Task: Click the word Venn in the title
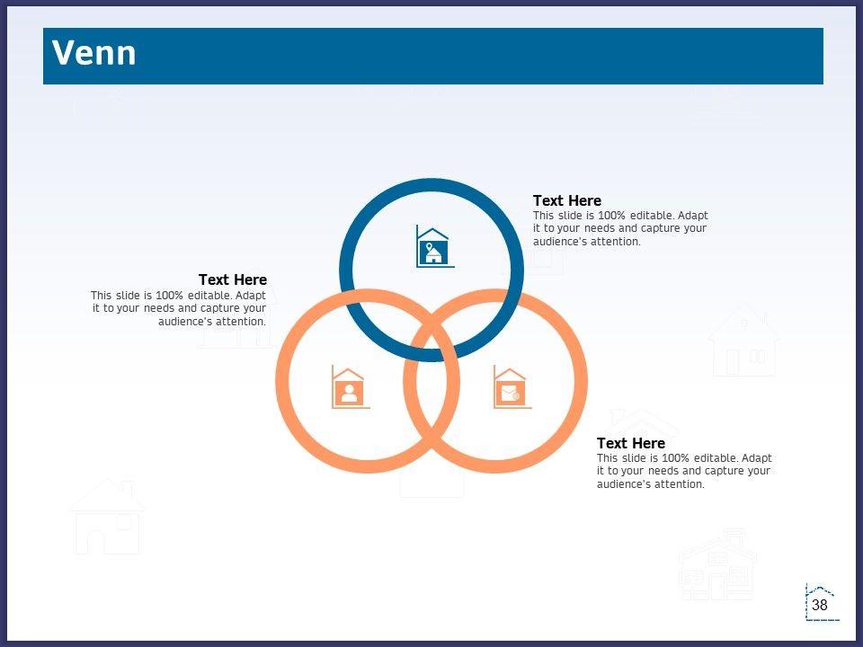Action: (x=93, y=53)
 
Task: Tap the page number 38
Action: (x=820, y=605)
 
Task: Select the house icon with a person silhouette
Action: (x=350, y=387)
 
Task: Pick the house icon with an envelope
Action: (x=512, y=387)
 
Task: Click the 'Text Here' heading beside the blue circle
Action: (x=567, y=200)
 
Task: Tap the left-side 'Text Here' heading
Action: (x=233, y=280)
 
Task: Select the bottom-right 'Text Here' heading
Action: (x=631, y=443)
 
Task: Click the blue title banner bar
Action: (x=433, y=56)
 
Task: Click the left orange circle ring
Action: (x=282, y=381)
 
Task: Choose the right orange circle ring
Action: (x=582, y=381)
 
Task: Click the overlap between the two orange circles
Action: (x=431, y=381)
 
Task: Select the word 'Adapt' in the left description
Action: (x=251, y=296)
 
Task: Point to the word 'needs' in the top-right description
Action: (x=600, y=228)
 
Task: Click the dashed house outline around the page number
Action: (x=807, y=602)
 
